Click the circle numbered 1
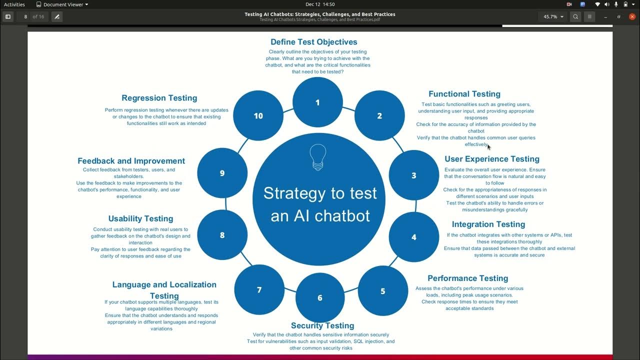317,102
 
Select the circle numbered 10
258,115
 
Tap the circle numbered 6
320,298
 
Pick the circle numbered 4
413,237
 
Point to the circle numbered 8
222,235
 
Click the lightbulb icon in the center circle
317,157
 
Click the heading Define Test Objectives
313,42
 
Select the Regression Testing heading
159,98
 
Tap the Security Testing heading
322,325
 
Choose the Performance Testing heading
467,278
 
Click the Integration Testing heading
488,224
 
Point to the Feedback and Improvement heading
131,161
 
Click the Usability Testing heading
140,218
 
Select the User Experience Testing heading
491,159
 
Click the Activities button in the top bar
14,4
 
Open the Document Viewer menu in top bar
62,4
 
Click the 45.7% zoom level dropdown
553,16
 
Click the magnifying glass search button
575,16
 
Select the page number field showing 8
25,16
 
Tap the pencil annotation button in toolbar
57,16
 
